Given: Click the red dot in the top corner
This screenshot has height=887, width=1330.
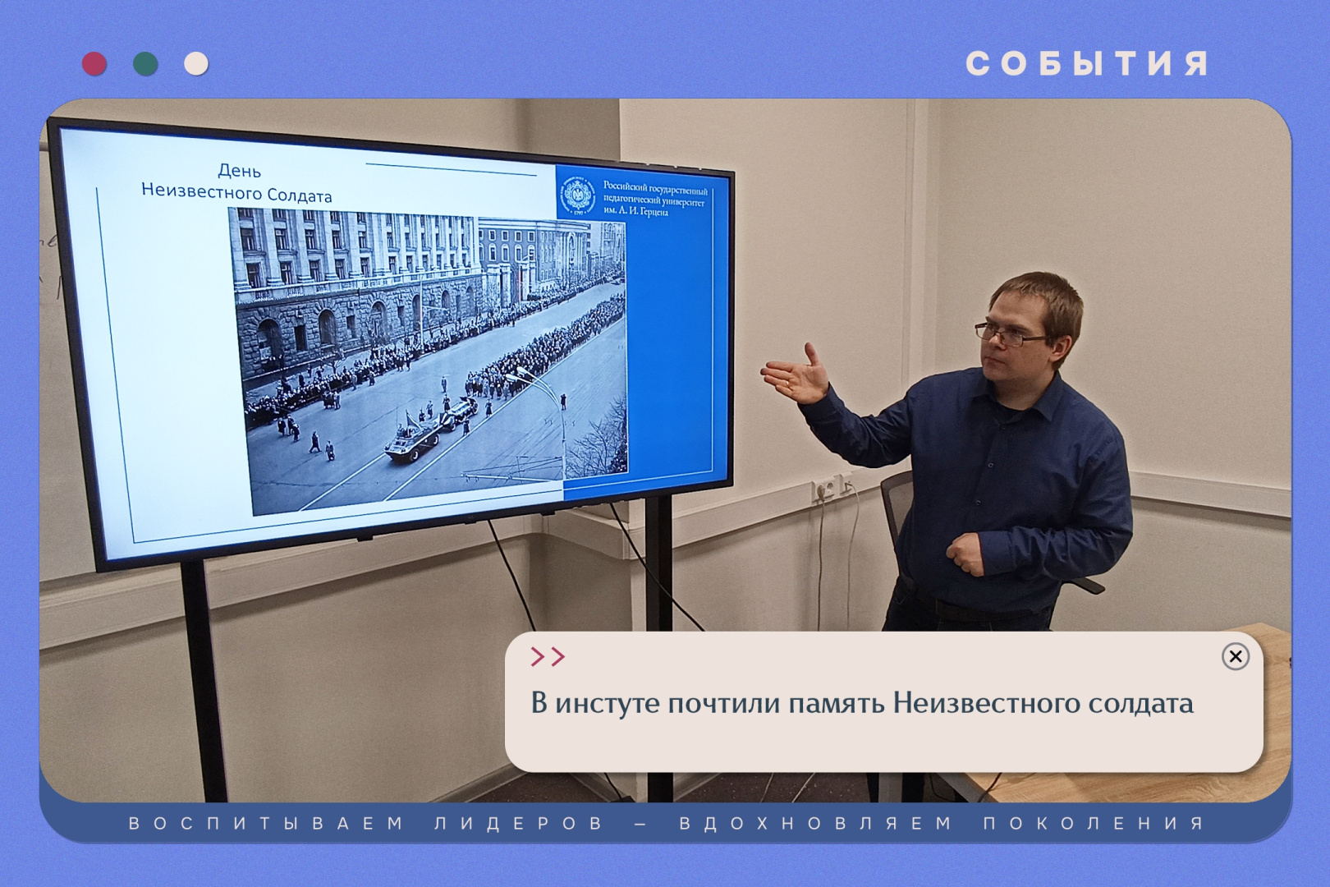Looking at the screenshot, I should [94, 64].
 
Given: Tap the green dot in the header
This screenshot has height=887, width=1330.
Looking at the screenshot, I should [145, 64].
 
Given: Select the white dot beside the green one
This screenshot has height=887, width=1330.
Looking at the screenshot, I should [196, 64].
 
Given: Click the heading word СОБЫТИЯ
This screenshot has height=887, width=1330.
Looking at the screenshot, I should [1087, 64].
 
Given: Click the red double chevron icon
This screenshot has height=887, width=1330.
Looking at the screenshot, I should [548, 657].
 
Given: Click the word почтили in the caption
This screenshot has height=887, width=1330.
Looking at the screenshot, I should [723, 704].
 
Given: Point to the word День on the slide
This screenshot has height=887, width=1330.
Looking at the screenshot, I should [239, 171].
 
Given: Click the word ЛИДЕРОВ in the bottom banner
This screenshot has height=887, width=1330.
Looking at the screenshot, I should [519, 823].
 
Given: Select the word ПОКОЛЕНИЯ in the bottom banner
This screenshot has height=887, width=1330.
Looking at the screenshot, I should [1094, 823].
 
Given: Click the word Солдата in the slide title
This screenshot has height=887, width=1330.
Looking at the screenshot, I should [300, 196].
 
